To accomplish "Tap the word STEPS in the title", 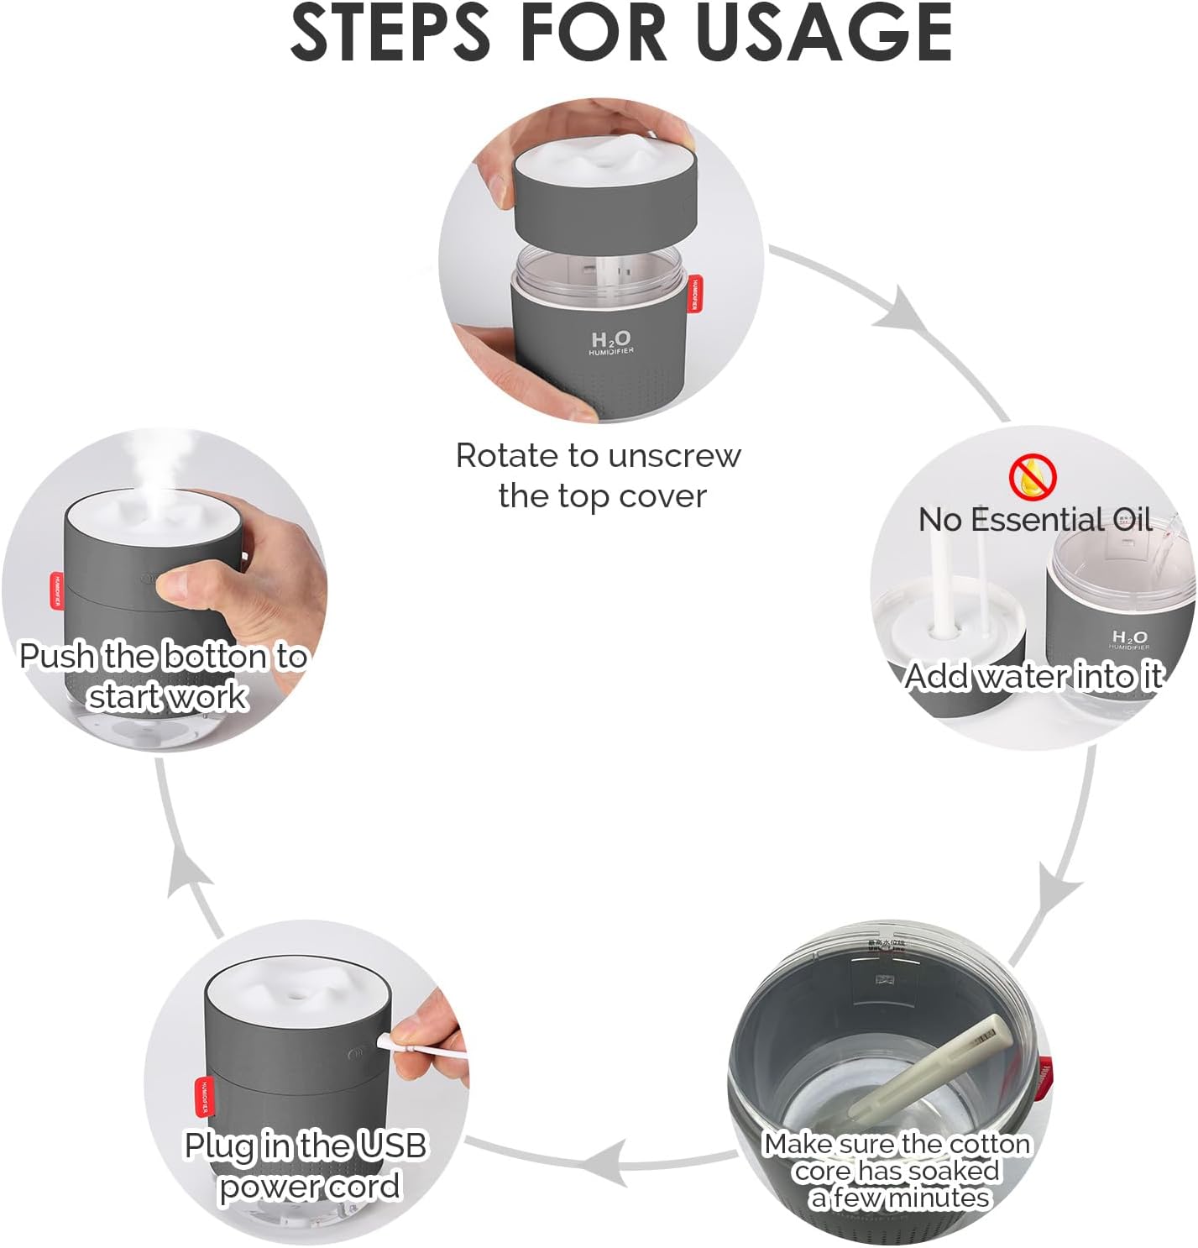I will (390, 34).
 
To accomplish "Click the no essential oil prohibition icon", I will (1032, 476).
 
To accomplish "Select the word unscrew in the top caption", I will (675, 456).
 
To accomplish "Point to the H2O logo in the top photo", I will (610, 340).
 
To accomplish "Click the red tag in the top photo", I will (695, 294).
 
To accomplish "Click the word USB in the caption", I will (392, 1146).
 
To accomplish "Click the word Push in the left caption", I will (57, 656).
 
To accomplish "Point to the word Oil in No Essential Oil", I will (1132, 520).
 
